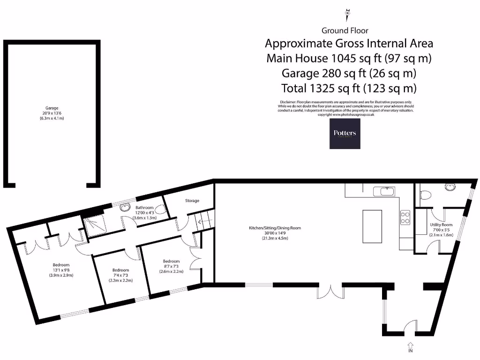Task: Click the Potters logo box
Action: point(345,133)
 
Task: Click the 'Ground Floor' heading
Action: point(345,30)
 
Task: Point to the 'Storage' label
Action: point(191,201)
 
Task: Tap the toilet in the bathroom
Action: point(161,211)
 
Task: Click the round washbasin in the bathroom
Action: point(125,207)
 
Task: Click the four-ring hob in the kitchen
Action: point(404,217)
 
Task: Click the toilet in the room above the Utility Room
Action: point(426,195)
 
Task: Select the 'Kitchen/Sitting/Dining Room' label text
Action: point(275,228)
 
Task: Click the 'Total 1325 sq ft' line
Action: point(349,88)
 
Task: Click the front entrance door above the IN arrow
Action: point(410,327)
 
